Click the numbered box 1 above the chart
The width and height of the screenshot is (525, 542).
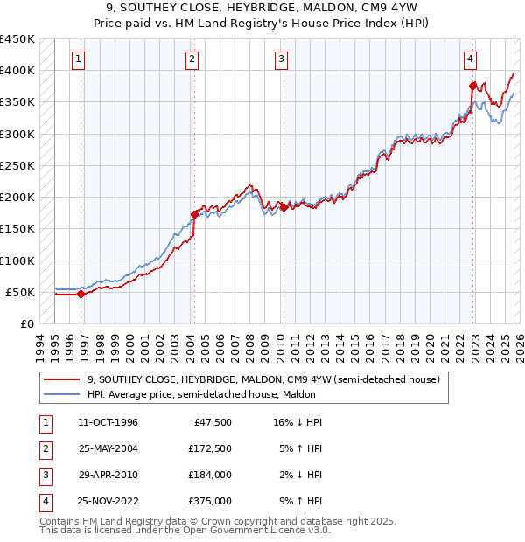(x=79, y=59)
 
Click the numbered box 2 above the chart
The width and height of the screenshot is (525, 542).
(x=192, y=59)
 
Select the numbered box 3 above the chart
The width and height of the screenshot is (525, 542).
(x=281, y=59)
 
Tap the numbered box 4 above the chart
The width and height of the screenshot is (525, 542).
(x=470, y=59)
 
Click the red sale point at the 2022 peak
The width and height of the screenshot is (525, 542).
(x=472, y=86)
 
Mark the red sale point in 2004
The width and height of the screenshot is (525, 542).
(x=194, y=213)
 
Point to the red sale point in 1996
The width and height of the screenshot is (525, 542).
(x=81, y=294)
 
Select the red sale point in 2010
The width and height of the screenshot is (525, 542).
(x=283, y=207)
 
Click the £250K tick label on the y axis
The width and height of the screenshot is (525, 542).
(x=17, y=165)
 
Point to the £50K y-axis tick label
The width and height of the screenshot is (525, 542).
(x=21, y=292)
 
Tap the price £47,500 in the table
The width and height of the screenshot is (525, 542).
(x=209, y=422)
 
